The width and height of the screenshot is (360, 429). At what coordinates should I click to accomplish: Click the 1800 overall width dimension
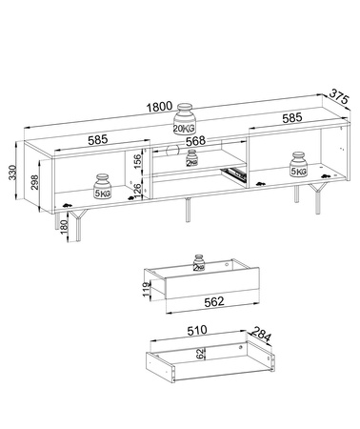point(159,107)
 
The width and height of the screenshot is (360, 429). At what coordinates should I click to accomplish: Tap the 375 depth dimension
point(339,96)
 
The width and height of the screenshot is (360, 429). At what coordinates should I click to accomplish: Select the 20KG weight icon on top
point(185,119)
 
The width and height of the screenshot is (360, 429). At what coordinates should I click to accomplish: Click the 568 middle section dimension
point(195,140)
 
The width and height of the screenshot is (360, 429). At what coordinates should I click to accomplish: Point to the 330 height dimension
point(12,173)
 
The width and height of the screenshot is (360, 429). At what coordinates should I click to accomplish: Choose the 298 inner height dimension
point(34,182)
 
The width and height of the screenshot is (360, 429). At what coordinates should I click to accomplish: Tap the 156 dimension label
point(137,162)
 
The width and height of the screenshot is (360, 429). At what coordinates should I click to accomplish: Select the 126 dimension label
point(137,192)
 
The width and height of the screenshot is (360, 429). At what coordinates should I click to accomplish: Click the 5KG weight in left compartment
point(102,186)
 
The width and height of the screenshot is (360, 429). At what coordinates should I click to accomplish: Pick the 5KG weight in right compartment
point(298,164)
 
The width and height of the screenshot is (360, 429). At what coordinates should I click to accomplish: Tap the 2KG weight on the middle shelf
point(191,158)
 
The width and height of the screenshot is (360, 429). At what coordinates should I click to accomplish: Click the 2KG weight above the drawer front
point(199,263)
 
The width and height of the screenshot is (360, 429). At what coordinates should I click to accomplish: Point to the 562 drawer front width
point(214,301)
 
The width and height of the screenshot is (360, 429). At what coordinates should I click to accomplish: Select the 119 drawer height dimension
point(147,289)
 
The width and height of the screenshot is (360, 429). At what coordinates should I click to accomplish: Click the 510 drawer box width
point(197,331)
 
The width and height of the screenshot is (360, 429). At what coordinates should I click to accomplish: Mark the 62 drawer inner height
point(199,354)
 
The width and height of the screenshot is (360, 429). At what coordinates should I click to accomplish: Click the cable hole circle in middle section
point(172,150)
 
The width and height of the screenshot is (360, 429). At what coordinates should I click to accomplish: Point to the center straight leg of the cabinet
point(188,210)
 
